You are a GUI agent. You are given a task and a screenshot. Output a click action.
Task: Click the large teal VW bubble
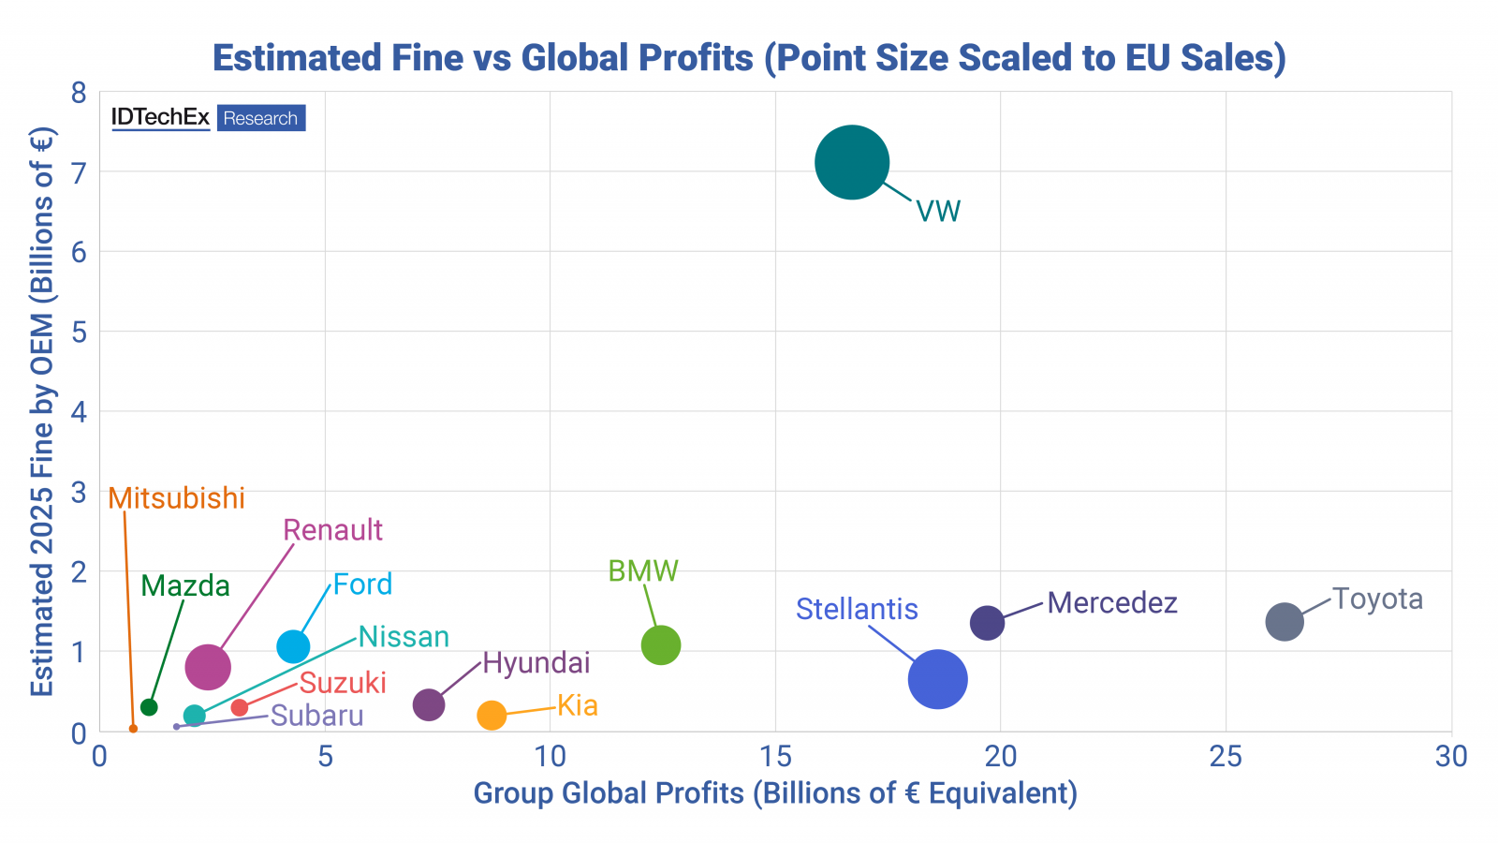(851, 162)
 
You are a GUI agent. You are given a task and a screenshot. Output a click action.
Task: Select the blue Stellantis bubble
(937, 679)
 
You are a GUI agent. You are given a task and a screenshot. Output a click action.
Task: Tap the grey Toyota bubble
(1285, 621)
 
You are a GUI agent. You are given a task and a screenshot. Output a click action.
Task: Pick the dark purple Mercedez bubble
(987, 622)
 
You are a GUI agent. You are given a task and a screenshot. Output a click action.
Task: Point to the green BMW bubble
(661, 644)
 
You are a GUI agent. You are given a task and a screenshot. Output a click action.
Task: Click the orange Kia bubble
(492, 716)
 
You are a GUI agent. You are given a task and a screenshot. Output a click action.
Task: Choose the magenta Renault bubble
(208, 667)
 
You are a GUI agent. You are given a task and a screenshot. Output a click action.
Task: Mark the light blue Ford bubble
(293, 645)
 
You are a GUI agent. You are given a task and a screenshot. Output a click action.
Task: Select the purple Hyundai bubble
(428, 704)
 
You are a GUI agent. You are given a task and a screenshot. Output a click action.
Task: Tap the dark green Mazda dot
(149, 707)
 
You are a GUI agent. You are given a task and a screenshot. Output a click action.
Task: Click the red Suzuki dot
(240, 707)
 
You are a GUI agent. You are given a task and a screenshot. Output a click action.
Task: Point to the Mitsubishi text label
(177, 498)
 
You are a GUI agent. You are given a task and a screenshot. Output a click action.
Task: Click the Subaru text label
(316, 716)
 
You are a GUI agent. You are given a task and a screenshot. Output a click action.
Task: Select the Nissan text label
(404, 637)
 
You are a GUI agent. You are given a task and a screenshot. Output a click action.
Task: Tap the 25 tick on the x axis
(1226, 756)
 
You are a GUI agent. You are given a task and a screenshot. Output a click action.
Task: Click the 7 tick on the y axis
(79, 172)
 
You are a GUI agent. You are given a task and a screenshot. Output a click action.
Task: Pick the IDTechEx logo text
(161, 118)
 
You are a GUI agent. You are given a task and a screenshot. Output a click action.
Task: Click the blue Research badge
(261, 118)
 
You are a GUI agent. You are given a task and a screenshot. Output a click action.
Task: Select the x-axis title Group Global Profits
(775, 793)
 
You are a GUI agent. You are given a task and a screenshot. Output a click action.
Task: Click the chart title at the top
(749, 58)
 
